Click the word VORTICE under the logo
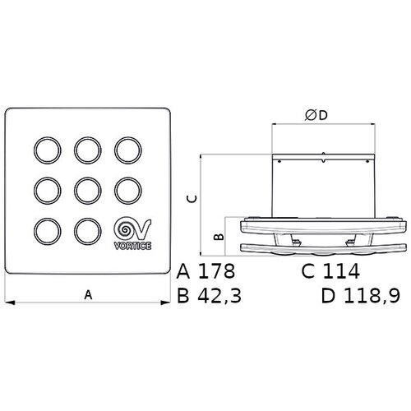point(132,246)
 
